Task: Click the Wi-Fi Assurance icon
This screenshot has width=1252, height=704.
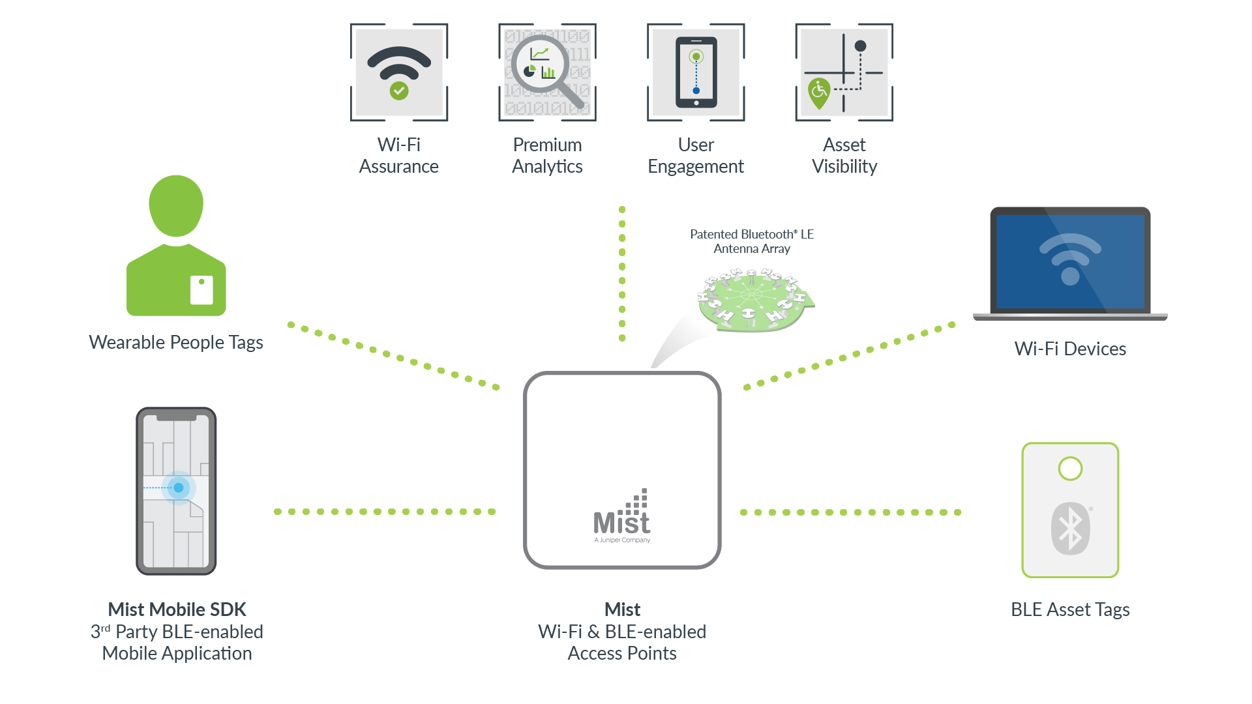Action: [x=399, y=72]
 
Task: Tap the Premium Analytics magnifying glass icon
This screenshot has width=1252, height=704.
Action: [x=548, y=72]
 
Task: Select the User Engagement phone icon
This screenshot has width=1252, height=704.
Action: [x=696, y=72]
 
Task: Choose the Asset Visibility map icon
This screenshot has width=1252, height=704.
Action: [x=844, y=72]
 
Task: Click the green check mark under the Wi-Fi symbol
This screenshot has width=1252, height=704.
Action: [x=399, y=91]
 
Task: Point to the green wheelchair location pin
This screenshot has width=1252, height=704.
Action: [x=819, y=92]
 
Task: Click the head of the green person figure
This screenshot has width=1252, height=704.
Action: [x=176, y=205]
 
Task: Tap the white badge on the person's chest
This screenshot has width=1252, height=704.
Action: [x=201, y=290]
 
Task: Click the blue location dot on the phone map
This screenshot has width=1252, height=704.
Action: [x=179, y=488]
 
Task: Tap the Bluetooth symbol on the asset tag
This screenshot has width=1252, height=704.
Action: [x=1070, y=529]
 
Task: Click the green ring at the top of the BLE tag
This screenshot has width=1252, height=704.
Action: [x=1070, y=468]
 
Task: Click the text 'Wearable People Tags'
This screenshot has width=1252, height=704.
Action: [x=176, y=342]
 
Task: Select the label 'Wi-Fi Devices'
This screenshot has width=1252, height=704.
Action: [x=1070, y=349]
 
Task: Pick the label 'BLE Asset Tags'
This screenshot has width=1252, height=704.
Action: [x=1070, y=609]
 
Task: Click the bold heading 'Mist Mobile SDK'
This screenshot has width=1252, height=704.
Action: [x=177, y=609]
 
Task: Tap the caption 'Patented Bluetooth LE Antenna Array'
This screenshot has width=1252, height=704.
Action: [x=752, y=241]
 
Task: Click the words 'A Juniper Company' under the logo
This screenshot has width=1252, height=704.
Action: [x=622, y=540]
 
